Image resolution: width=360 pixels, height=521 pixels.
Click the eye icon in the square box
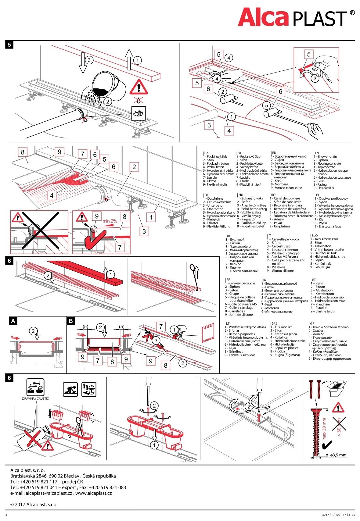139,113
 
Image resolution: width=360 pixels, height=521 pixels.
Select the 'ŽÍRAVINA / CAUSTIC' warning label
35,398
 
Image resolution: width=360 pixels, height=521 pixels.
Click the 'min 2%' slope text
110,221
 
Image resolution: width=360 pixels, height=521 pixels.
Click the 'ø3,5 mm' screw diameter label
338,455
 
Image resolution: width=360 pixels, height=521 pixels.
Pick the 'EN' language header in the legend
317,153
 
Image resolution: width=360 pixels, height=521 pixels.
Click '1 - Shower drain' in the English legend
325,157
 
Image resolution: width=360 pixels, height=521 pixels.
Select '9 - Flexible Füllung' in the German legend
217,227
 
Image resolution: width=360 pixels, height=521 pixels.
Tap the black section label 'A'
13,321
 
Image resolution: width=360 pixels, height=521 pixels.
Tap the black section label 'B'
71,321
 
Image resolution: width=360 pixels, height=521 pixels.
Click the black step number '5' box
9,45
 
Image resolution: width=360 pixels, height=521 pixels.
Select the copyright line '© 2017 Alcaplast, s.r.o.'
34,505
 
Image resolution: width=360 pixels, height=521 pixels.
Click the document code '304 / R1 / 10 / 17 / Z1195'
338,515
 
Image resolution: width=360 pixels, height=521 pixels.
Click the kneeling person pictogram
70,390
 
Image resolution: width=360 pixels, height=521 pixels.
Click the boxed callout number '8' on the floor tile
23,152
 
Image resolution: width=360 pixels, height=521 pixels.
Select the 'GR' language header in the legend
312,324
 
